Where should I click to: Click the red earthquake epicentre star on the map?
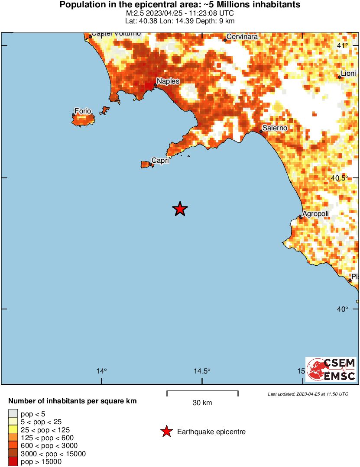point(180,209)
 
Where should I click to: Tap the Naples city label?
point(168,81)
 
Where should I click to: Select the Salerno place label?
point(275,128)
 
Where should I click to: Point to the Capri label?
point(160,160)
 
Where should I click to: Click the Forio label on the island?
point(83,111)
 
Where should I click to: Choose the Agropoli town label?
point(315,213)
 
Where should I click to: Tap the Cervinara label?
point(242,37)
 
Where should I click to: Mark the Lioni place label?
point(348,74)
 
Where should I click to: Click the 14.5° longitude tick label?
point(202,371)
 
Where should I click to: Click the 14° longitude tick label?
point(101,371)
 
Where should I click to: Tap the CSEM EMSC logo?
point(331,369)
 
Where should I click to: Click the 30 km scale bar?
point(202,392)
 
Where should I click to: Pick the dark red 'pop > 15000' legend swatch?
point(13,462)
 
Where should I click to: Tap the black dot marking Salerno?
point(261,131)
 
